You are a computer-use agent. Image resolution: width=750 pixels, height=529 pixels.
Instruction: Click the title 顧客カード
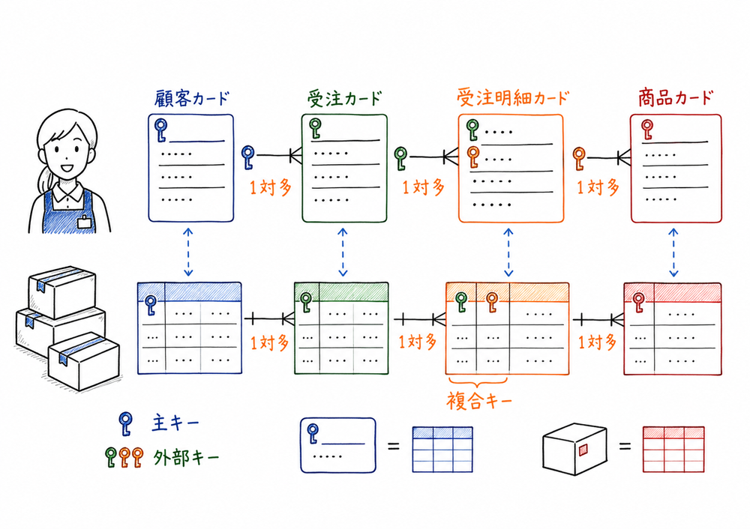click(191, 98)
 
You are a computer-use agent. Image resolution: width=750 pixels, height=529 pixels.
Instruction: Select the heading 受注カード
click(344, 98)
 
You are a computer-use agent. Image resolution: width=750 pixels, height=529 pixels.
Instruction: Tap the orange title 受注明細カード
click(512, 98)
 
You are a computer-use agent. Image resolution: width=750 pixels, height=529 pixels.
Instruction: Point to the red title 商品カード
click(675, 98)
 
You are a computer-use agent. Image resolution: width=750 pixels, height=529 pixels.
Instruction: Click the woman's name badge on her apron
click(85, 221)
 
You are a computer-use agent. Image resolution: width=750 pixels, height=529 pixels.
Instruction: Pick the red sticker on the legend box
click(583, 448)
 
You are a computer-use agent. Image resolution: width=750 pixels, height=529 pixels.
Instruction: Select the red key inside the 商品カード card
click(646, 130)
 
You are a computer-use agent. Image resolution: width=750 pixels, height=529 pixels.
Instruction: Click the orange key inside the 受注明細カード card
click(472, 156)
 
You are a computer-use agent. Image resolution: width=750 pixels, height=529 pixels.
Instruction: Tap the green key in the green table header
click(305, 302)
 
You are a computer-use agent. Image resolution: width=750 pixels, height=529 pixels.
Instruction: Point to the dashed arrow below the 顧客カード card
click(188, 252)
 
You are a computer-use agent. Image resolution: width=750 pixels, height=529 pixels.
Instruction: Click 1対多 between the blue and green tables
click(268, 343)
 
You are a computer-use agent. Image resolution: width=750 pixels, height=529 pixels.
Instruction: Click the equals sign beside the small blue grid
click(392, 447)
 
